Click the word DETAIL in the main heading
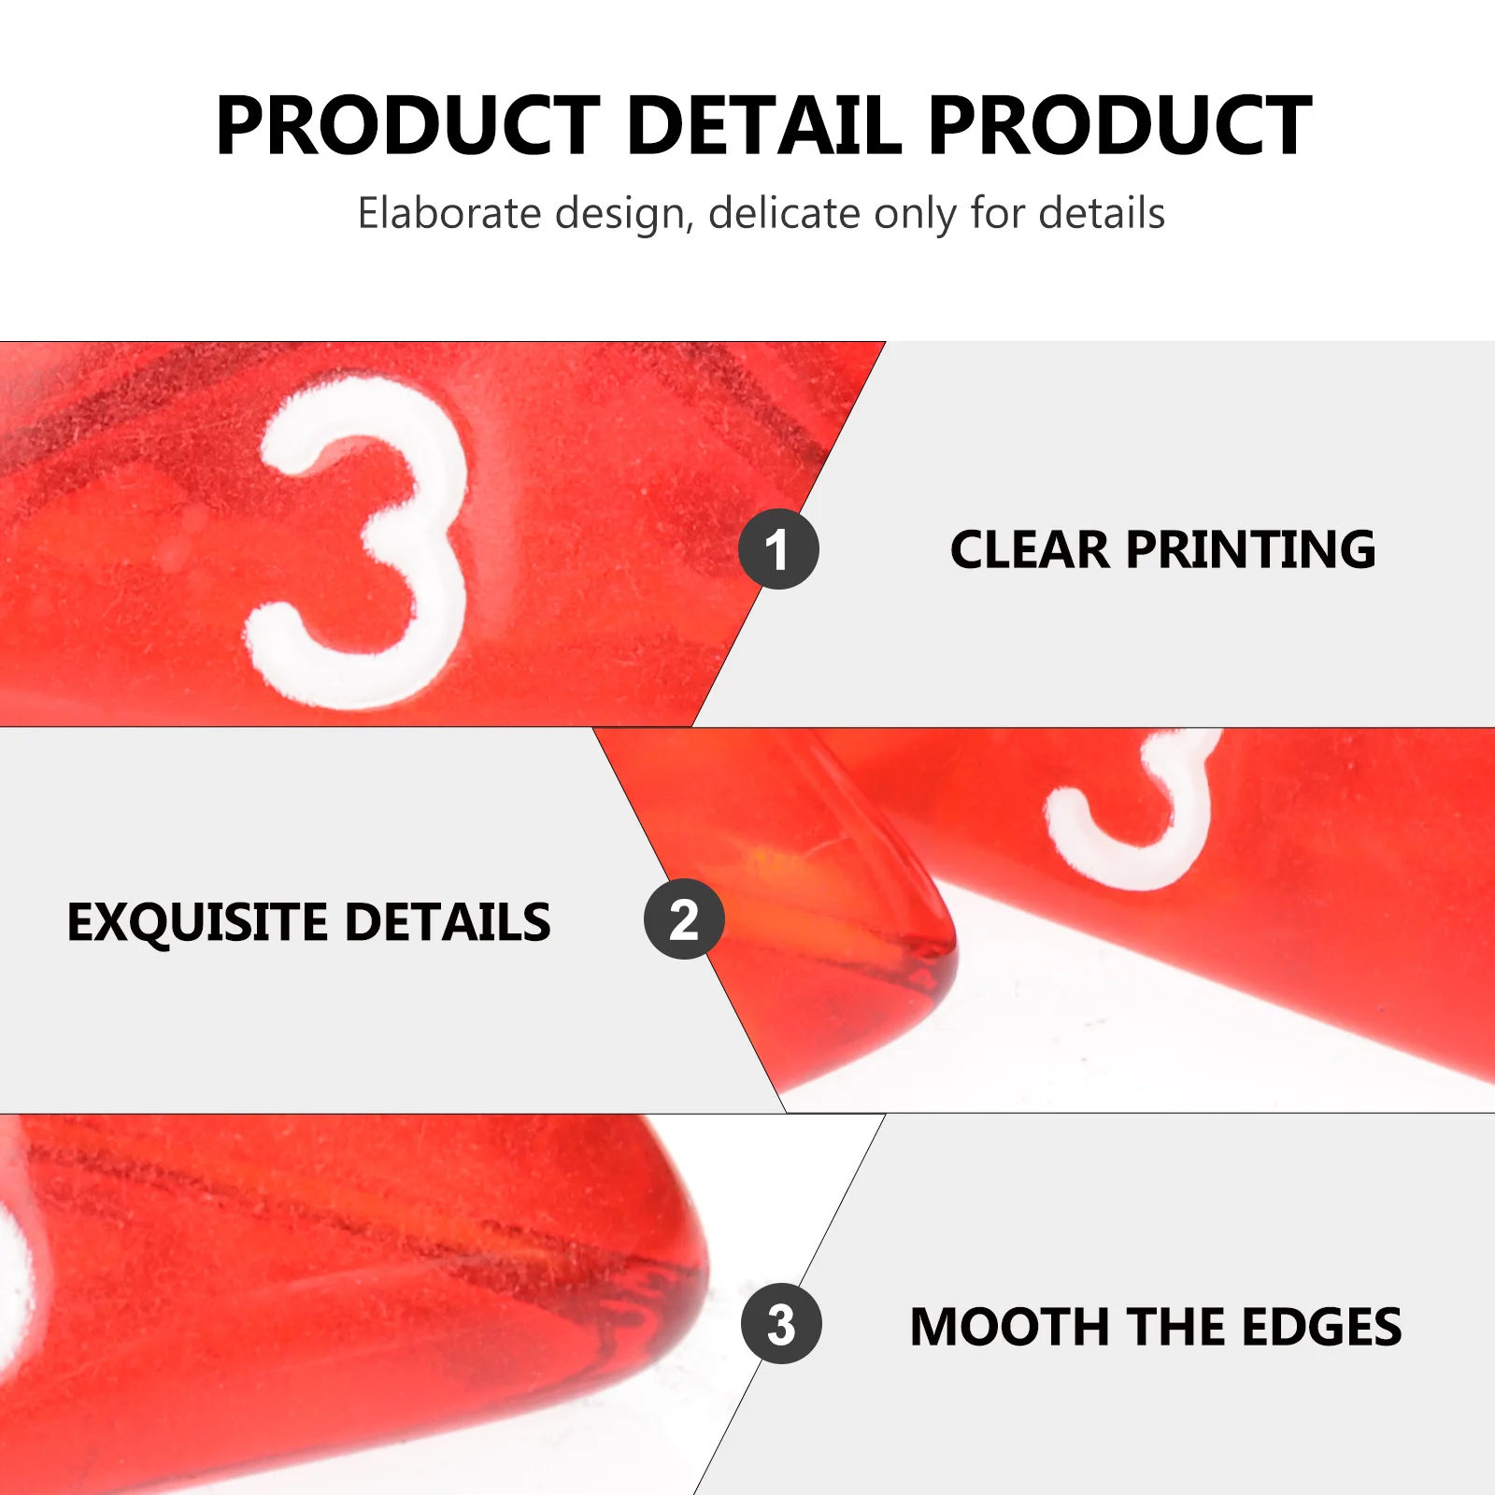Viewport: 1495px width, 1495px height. [765, 125]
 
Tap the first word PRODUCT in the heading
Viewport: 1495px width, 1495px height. [408, 125]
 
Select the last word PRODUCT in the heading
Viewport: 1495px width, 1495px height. [1120, 125]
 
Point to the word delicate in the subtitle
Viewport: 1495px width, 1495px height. [785, 213]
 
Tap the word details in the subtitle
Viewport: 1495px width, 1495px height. [1102, 213]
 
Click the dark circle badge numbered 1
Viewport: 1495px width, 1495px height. [778, 548]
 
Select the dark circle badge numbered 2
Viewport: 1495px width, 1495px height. [684, 919]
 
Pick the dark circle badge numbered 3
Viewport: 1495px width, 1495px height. [781, 1323]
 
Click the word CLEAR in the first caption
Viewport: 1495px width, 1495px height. [1030, 549]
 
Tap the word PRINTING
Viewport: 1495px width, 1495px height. [1251, 549]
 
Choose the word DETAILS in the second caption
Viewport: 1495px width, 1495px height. [448, 922]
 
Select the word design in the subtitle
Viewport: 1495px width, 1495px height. [624, 215]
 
